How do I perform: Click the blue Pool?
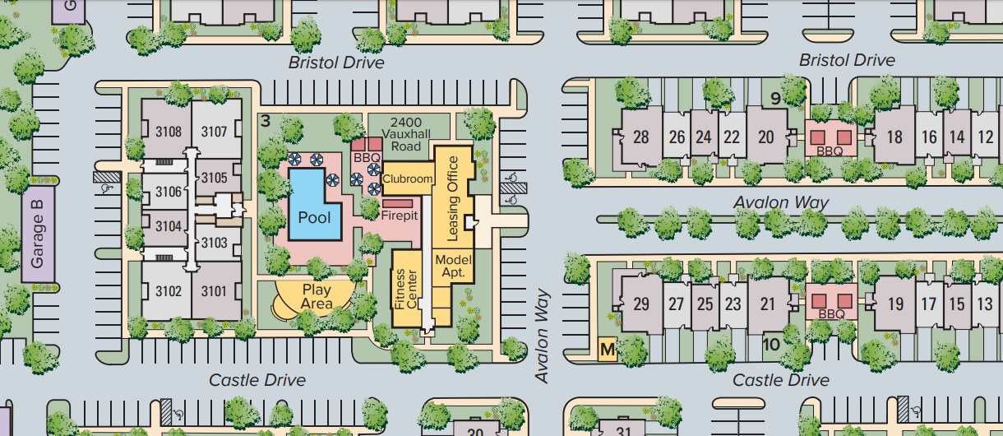pyautogui.click(x=314, y=216)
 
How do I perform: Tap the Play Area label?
pyautogui.click(x=317, y=297)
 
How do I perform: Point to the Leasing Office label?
pyautogui.click(x=451, y=198)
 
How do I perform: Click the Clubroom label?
pyautogui.click(x=407, y=179)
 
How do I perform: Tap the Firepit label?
pyautogui.click(x=400, y=216)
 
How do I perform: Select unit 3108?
pyautogui.click(x=169, y=132)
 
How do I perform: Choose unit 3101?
pyautogui.click(x=214, y=290)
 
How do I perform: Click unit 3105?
pyautogui.click(x=214, y=178)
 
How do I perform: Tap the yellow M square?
pyautogui.click(x=608, y=350)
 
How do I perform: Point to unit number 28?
pyautogui.click(x=641, y=137)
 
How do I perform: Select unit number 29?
pyautogui.click(x=641, y=304)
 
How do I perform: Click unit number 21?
pyautogui.click(x=767, y=304)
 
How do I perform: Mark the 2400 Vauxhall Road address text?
pyautogui.click(x=406, y=134)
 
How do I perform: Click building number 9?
pyautogui.click(x=774, y=99)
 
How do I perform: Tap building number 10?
pyautogui.click(x=771, y=344)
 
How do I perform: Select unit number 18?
pyautogui.click(x=895, y=137)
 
